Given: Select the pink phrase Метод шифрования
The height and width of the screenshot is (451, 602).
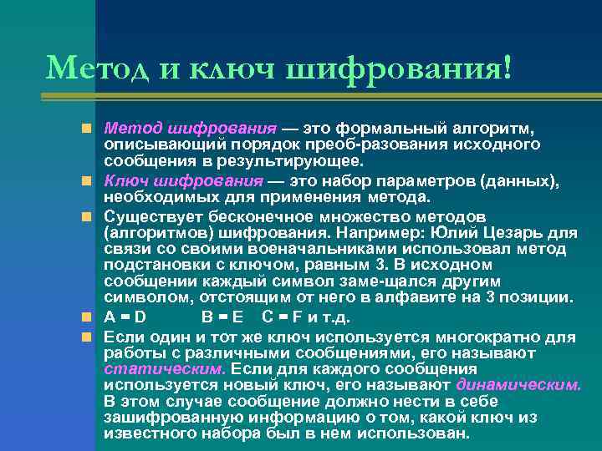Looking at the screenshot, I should coord(190,129).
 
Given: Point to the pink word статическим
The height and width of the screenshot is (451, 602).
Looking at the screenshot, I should coord(165,367).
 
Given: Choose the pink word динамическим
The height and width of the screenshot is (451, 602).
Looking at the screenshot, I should coord(518,385).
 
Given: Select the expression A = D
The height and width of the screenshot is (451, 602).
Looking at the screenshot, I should coord(125,317).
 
